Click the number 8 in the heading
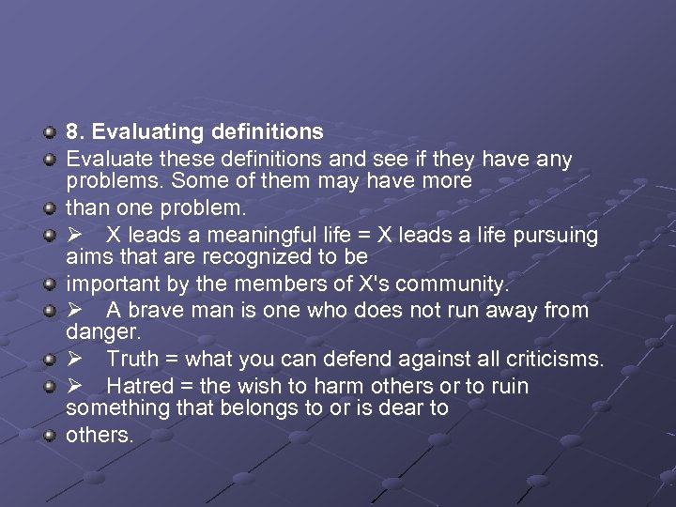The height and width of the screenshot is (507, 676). pos(71,131)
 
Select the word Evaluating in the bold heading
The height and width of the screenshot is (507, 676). pos(143,132)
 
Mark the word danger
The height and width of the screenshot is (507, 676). pos(102,331)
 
